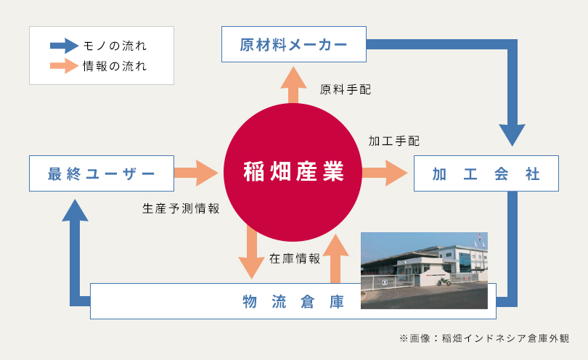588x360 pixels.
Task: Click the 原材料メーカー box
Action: (x=293, y=44)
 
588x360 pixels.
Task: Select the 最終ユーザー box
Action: (x=102, y=173)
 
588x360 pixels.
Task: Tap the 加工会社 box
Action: (x=486, y=173)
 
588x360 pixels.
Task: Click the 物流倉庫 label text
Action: (x=293, y=301)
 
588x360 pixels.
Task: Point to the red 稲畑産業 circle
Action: (x=293, y=173)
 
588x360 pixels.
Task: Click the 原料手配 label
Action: (x=346, y=89)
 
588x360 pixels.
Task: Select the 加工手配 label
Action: (x=394, y=141)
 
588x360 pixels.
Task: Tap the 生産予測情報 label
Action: (x=181, y=208)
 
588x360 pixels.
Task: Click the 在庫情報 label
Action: (x=295, y=258)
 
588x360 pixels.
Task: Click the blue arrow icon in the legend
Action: (x=64, y=46)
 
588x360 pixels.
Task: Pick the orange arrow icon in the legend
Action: (x=64, y=66)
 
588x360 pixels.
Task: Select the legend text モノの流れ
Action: (x=115, y=46)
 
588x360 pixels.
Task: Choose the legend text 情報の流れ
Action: (x=115, y=66)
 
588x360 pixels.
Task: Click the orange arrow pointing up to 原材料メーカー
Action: (x=293, y=85)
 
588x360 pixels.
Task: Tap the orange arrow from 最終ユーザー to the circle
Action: (x=196, y=173)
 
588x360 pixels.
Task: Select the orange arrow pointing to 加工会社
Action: (x=385, y=173)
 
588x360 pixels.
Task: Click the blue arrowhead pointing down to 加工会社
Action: (x=513, y=135)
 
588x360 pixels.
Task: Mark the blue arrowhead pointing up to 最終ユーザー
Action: (x=75, y=210)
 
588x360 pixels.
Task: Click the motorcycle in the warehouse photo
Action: (x=444, y=281)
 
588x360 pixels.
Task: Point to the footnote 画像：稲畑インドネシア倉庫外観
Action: (x=489, y=338)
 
